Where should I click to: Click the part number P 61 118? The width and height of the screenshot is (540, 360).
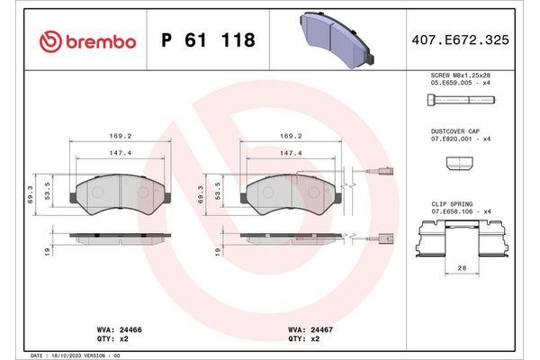[207, 40]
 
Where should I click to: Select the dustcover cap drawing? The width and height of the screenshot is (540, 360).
[459, 163]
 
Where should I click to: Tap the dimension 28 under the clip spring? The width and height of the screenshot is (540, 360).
[460, 268]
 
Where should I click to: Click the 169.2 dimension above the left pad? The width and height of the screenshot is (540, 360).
[119, 137]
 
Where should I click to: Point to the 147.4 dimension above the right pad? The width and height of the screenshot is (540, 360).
[290, 154]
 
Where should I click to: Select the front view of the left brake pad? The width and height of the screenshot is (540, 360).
[120, 193]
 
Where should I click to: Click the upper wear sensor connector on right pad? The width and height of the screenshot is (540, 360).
[385, 176]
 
